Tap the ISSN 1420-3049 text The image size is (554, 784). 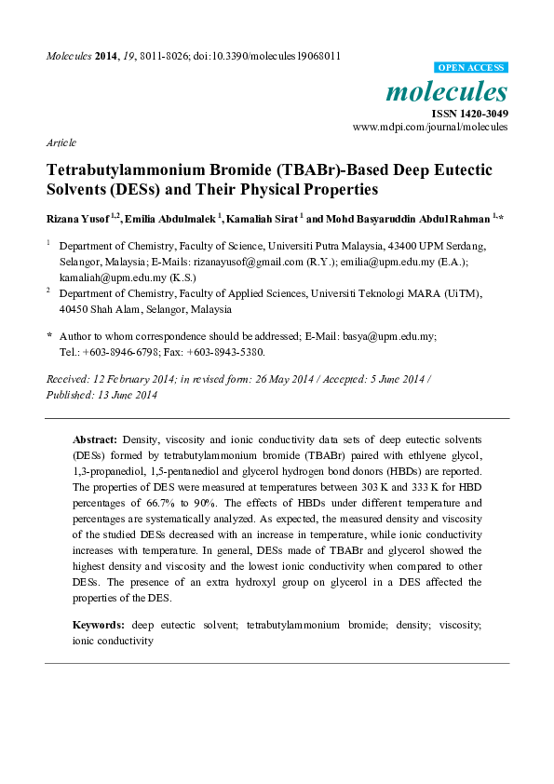(x=468, y=113)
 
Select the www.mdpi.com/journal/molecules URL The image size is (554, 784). (x=430, y=127)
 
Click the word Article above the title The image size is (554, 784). (x=61, y=142)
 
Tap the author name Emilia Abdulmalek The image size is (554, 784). (x=178, y=219)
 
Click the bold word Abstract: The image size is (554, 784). (x=95, y=439)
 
